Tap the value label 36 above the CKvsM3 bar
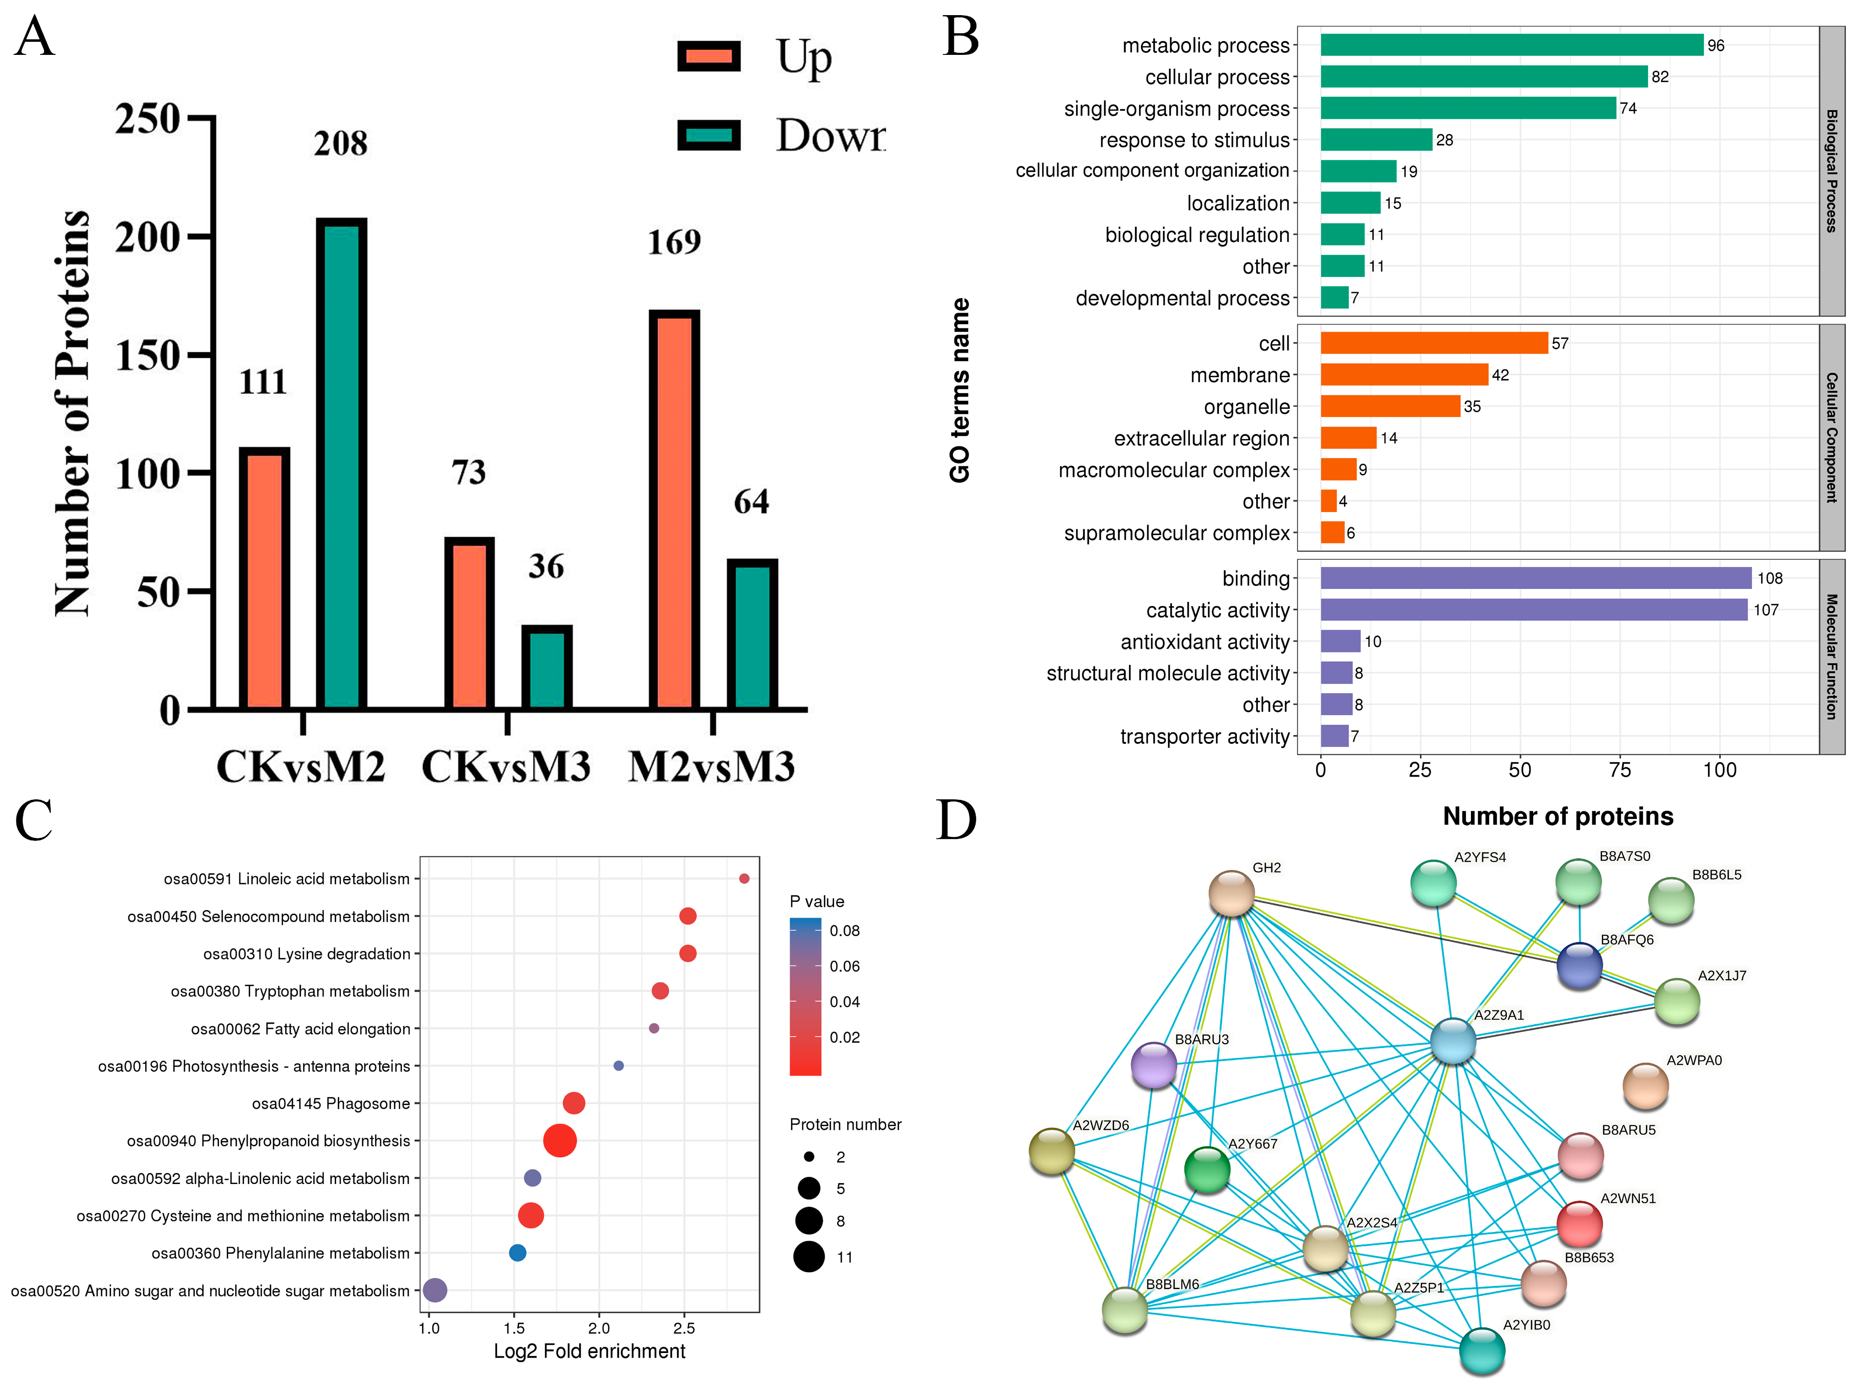(546, 566)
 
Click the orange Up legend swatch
(709, 56)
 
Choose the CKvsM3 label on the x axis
(506, 766)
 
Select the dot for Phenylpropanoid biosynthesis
(559, 1141)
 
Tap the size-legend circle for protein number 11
(809, 1257)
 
